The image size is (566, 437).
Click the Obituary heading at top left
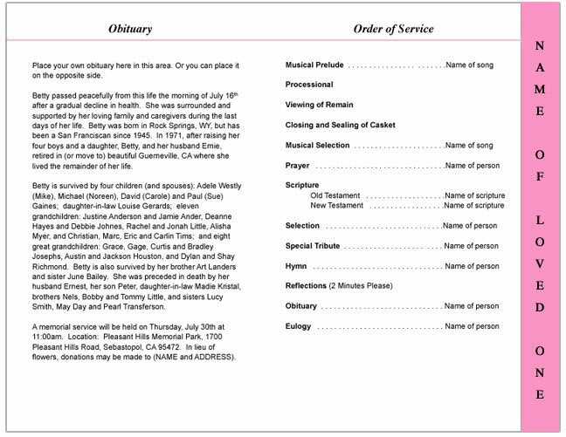[130, 29]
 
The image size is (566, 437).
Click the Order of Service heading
[393, 29]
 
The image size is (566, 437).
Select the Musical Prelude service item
[314, 65]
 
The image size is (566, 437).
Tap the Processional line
[309, 85]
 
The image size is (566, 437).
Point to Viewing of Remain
[321, 105]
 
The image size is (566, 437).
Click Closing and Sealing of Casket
[340, 125]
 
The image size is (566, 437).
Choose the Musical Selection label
[317, 146]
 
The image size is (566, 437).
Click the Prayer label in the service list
[298, 166]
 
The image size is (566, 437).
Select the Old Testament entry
[335, 195]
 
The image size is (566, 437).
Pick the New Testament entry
[337, 206]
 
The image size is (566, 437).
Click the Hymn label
[295, 266]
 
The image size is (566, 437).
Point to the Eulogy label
[299, 326]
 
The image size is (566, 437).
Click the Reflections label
[306, 286]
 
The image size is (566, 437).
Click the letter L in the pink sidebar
[540, 220]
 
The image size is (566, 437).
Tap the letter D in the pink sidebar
[540, 307]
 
